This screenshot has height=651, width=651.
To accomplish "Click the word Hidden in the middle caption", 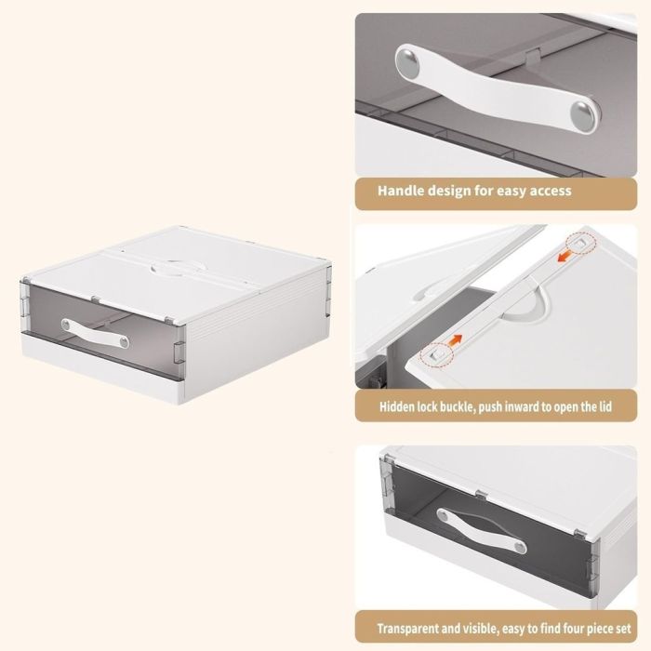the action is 393,406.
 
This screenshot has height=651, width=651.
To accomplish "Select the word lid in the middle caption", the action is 605,406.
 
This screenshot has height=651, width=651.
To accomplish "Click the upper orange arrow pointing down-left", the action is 563,258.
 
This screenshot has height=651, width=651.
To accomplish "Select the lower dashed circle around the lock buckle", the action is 435,356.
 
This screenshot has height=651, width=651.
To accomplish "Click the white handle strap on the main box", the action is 95,333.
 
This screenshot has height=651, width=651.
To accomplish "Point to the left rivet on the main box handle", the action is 66,325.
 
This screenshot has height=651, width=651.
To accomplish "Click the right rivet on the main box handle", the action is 124,342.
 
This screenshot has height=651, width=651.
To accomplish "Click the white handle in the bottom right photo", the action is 482,531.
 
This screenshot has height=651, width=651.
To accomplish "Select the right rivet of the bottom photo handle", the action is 519,548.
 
